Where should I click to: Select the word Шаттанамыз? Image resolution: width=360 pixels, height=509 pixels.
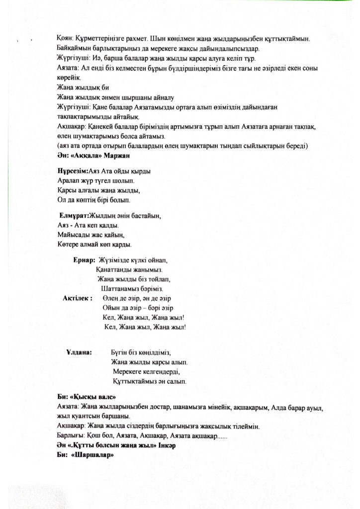pyautogui.click(x=121, y=289)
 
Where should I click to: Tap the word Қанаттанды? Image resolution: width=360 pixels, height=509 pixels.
pyautogui.click(x=114, y=270)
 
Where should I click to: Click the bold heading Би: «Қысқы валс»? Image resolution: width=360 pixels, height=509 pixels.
pyautogui.click(x=86, y=398)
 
